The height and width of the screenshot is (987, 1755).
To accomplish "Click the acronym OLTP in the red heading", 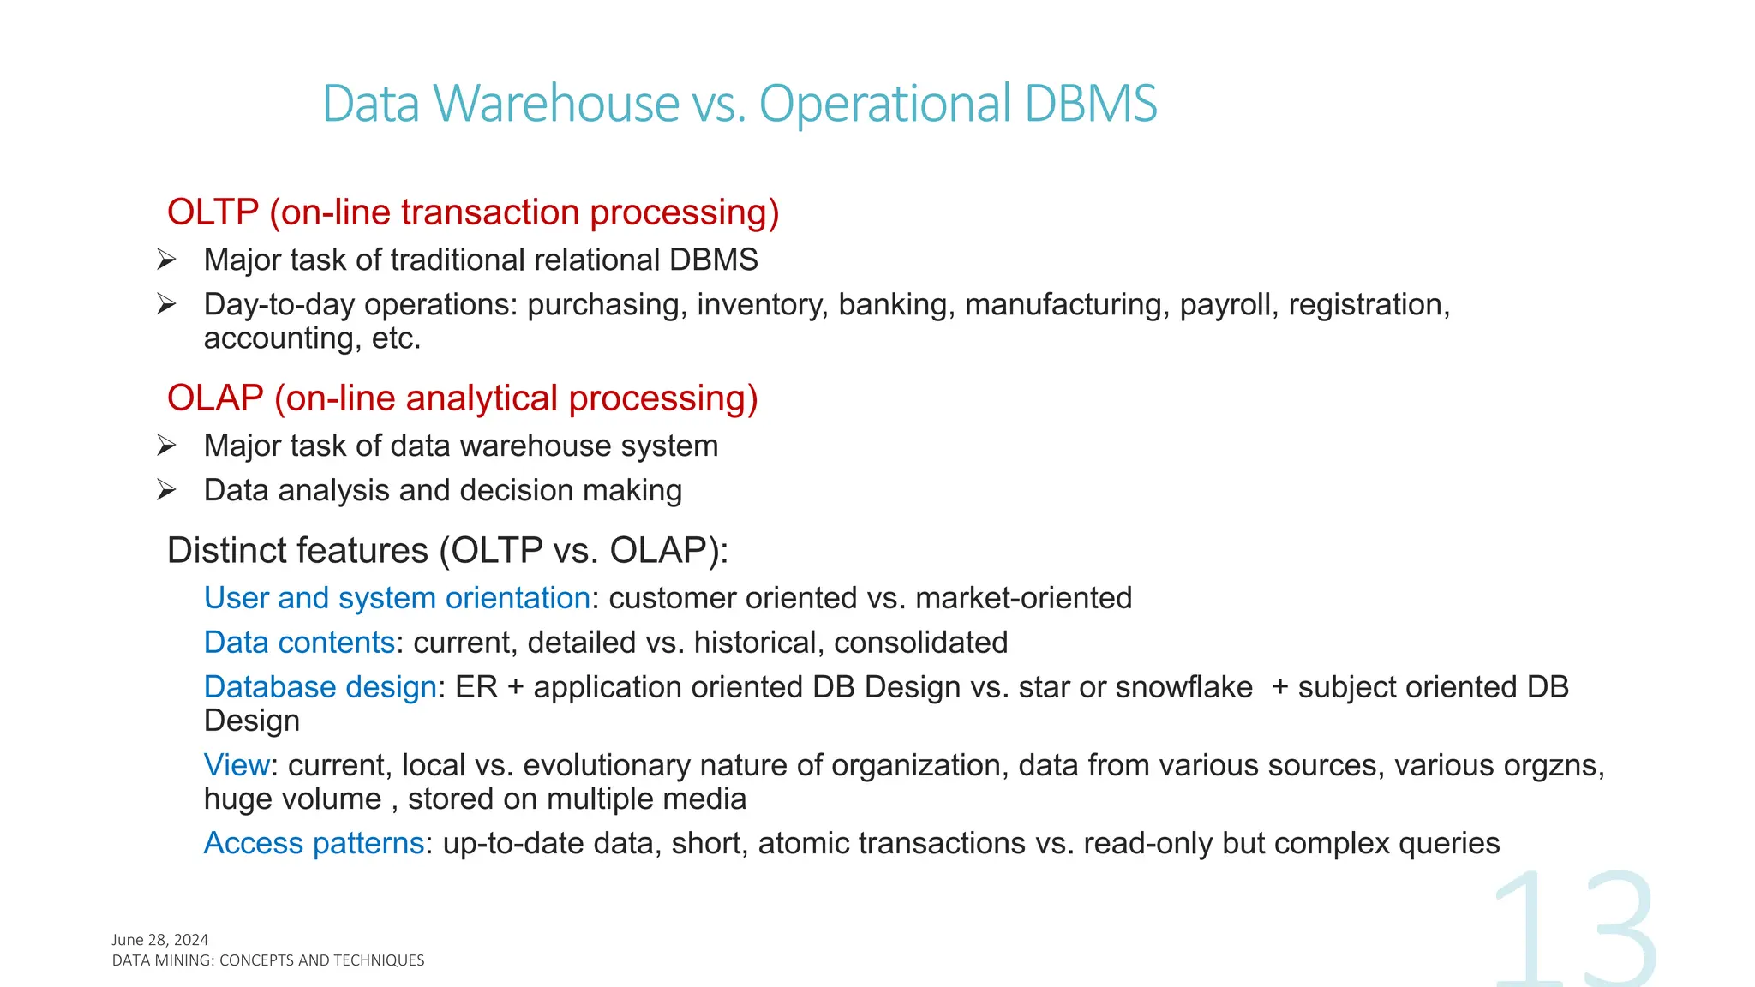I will point(213,212).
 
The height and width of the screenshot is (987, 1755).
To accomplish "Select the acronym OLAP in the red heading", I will point(215,398).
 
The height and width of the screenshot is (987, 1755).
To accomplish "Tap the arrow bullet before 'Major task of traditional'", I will point(166,260).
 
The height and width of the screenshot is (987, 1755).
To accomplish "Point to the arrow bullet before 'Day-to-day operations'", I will point(166,304).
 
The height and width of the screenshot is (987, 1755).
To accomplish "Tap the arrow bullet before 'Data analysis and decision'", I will point(166,490).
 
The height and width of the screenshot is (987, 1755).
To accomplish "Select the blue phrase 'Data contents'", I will point(299,643).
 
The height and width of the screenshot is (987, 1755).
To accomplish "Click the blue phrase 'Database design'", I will point(320,687).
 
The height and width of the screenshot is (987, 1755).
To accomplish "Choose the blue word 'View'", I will point(237,765).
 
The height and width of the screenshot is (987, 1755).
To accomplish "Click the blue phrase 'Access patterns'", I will point(314,844).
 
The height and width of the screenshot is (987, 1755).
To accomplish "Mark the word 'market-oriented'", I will point(1023,598).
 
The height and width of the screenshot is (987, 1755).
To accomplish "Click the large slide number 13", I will point(1575,930).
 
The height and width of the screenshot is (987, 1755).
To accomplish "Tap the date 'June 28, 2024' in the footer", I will point(160,940).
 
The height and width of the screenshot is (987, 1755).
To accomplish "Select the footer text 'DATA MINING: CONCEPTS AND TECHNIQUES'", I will point(268,960).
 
